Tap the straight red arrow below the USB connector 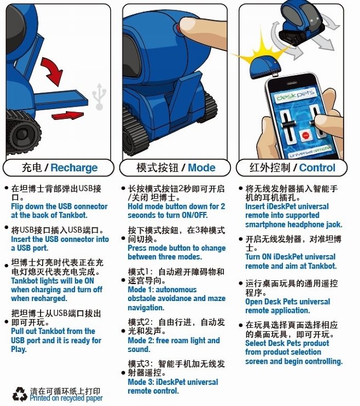coord(68,115)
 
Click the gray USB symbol coord(99,96)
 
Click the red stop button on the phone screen coord(305,135)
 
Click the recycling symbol coord(20,395)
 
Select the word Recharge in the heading coord(74,168)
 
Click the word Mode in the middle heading coord(202,168)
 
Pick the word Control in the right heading coord(317,168)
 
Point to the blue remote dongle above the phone coord(265,68)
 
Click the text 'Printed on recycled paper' coord(66,398)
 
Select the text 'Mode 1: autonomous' coord(163,290)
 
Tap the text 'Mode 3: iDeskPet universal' coord(173,382)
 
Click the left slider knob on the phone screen coord(288,125)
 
